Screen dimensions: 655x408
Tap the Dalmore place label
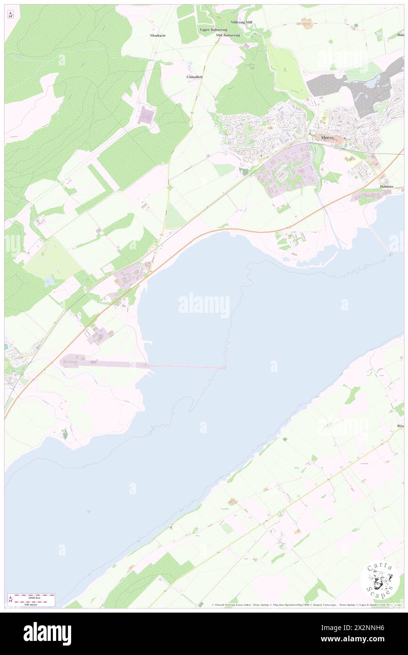coord(389,187)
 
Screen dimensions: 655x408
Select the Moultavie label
coord(158,35)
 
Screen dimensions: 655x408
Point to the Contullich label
coord(194,76)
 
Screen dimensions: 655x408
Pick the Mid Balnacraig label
coord(228,35)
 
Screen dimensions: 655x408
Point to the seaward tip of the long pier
coord(225,368)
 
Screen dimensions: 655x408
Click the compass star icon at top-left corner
coord(11,15)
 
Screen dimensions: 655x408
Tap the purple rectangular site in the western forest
coord(146,115)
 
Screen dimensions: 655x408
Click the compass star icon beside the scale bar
coord(10,600)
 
